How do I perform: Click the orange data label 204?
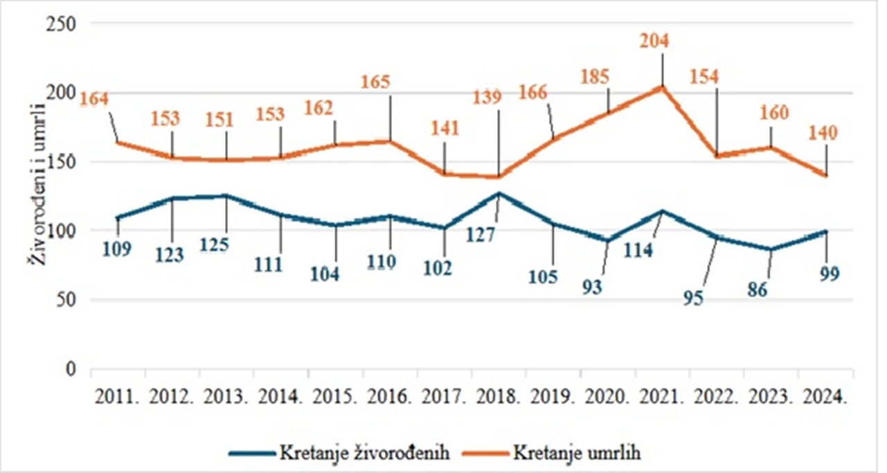pyautogui.click(x=654, y=42)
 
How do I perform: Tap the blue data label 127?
pyautogui.click(x=480, y=235)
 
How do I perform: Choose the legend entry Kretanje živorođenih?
pyautogui.click(x=366, y=454)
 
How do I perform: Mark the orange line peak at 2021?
pyautogui.click(x=662, y=87)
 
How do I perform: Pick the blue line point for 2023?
pyautogui.click(x=771, y=249)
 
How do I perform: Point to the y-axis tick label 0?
pyautogui.click(x=71, y=369)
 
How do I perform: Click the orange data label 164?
pyautogui.click(x=94, y=99)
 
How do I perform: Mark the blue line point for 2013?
pyautogui.click(x=226, y=196)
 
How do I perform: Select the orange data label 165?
pyautogui.click(x=376, y=81)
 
